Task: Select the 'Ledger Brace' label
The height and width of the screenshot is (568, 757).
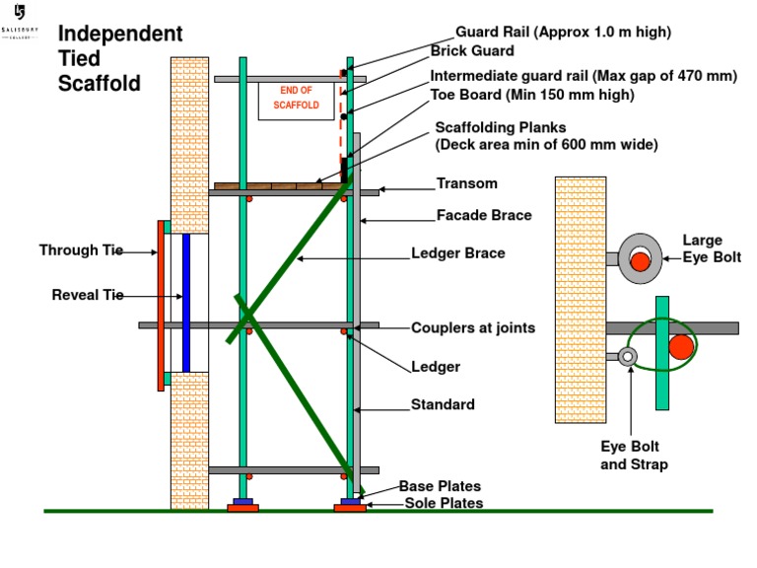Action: pyautogui.click(x=457, y=253)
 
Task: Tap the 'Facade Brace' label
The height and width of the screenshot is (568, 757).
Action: pyautogui.click(x=484, y=215)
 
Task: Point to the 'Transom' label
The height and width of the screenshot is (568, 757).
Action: pyautogui.click(x=467, y=184)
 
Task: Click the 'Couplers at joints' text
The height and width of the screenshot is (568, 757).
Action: pyautogui.click(x=473, y=327)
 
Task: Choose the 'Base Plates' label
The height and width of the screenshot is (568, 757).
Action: pyautogui.click(x=440, y=486)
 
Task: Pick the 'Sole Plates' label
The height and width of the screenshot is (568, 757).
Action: pyautogui.click(x=444, y=503)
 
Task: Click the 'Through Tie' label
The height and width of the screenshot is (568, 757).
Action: pyautogui.click(x=81, y=250)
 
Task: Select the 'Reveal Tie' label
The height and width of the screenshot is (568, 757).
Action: pyautogui.click(x=88, y=295)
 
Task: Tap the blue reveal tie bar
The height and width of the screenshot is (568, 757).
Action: pyautogui.click(x=185, y=303)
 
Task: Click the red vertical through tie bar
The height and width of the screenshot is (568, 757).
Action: pyautogui.click(x=161, y=306)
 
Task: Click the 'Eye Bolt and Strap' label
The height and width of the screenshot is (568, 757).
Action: pyautogui.click(x=634, y=455)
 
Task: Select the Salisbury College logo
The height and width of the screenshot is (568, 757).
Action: pyautogui.click(x=21, y=22)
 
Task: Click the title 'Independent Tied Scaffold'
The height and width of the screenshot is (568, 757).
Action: pyautogui.click(x=120, y=59)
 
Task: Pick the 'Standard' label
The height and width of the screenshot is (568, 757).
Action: pyautogui.click(x=443, y=404)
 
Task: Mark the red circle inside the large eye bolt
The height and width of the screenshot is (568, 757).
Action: pyautogui.click(x=641, y=260)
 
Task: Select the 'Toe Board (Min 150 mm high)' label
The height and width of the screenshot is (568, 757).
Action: pyautogui.click(x=532, y=96)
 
